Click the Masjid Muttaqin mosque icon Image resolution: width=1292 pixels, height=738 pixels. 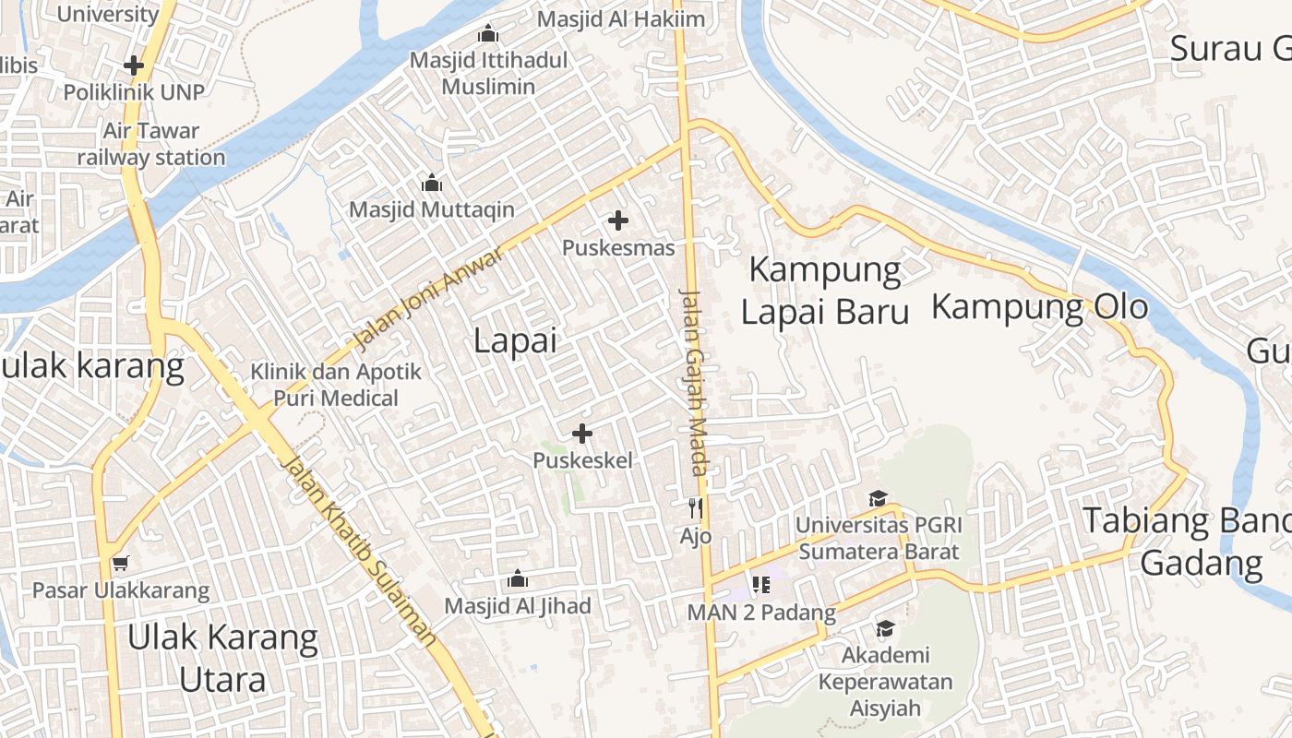click(431, 184)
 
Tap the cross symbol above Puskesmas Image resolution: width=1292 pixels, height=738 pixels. click(618, 220)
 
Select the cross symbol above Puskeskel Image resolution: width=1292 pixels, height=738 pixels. click(582, 433)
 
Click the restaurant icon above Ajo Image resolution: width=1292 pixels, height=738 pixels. click(696, 507)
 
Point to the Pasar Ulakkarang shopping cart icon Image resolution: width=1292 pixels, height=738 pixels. click(120, 563)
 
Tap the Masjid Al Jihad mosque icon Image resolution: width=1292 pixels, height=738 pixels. click(518, 579)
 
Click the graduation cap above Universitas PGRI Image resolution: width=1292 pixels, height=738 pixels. click(878, 498)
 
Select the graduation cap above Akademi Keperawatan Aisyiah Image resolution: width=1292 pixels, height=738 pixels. click(885, 628)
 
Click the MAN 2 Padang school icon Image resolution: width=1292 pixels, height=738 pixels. click(761, 585)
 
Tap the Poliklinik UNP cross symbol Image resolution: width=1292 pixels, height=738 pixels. click(134, 65)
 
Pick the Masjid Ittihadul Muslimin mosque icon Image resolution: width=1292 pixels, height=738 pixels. click(488, 35)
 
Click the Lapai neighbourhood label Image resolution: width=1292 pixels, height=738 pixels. click(515, 340)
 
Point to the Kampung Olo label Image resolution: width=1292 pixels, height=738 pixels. click(1039, 306)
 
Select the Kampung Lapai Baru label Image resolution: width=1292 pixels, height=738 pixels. click(825, 291)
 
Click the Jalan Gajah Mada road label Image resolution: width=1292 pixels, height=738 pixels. click(693, 382)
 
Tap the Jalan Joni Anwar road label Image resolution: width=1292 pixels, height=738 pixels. click(429, 298)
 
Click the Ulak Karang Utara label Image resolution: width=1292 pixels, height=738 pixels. click(222, 658)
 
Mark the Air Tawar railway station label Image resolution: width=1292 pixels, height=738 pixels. click(150, 144)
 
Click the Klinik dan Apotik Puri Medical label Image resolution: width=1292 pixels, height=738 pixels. click(336, 385)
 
